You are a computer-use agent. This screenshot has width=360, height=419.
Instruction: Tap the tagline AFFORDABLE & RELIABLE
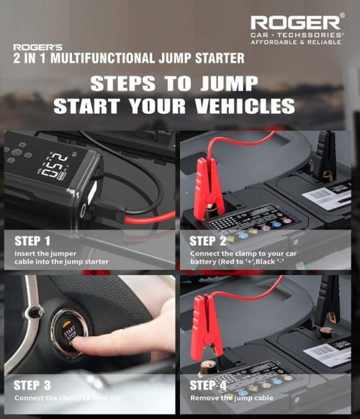pyautogui.click(x=297, y=42)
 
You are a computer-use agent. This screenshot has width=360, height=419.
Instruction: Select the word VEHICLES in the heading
pyautogui.click(x=242, y=107)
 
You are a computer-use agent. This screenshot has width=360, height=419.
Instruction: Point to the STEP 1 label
pyautogui.click(x=32, y=240)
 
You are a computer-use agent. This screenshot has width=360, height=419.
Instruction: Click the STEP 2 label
pyautogui.click(x=209, y=240)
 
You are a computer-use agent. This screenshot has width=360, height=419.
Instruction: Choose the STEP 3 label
pyautogui.click(x=32, y=384)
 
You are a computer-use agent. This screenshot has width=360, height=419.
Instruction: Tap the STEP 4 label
pyautogui.click(x=209, y=384)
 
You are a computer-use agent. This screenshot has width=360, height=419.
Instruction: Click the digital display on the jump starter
pyautogui.click(x=54, y=166)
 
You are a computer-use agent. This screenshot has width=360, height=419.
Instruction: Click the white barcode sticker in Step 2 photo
pyautogui.click(x=328, y=195)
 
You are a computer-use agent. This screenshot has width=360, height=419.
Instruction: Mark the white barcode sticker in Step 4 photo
pyautogui.click(x=328, y=352)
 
